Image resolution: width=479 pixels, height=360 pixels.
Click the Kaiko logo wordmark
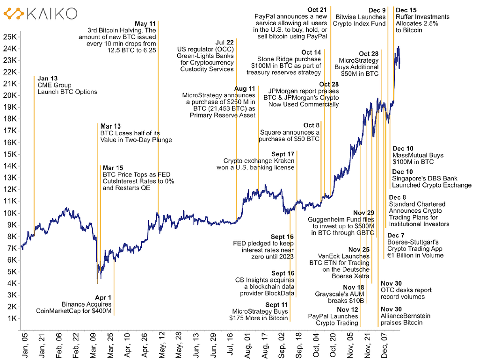(x=51, y=14)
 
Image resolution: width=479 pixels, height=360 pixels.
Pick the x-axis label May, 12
(x=161, y=344)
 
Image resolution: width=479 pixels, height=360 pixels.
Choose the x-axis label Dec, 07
(x=385, y=344)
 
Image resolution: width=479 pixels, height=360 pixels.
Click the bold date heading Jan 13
(x=47, y=79)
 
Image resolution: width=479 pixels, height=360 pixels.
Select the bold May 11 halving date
(x=145, y=23)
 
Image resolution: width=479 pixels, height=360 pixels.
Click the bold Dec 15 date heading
(x=406, y=10)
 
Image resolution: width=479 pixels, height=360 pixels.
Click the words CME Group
(x=54, y=85)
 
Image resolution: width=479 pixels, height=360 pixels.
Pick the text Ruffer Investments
(x=422, y=17)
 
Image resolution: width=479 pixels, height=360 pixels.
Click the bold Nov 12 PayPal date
(x=348, y=310)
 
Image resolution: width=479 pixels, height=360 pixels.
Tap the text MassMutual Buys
(x=418, y=155)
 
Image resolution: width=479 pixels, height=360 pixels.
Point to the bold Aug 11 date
(x=245, y=88)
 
